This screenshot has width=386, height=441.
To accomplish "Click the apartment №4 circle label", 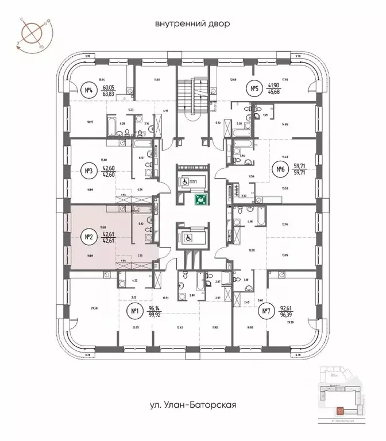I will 89,90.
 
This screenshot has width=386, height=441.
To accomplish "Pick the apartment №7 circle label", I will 266,312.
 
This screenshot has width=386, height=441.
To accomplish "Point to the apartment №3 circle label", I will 89,170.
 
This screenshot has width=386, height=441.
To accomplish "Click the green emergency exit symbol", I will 201,200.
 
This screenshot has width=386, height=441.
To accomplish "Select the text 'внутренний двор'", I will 192,24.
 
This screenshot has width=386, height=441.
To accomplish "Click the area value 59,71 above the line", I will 302,165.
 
